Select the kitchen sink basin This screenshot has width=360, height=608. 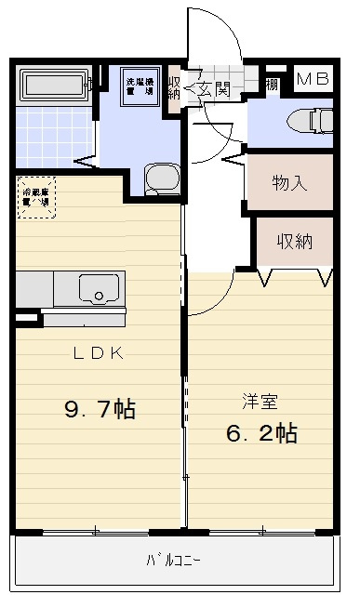[96, 288]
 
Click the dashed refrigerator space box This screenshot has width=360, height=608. [36, 200]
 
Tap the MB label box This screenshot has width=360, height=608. [313, 79]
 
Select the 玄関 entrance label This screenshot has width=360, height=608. [214, 89]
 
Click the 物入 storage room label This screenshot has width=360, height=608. [289, 181]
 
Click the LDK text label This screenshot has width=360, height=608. [100, 352]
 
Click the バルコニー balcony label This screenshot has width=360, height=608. [173, 561]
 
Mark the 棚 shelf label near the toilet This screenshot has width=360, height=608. [271, 85]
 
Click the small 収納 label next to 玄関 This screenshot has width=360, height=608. [175, 89]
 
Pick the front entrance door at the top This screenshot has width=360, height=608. [209, 37]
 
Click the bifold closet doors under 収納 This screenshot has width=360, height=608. [293, 276]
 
